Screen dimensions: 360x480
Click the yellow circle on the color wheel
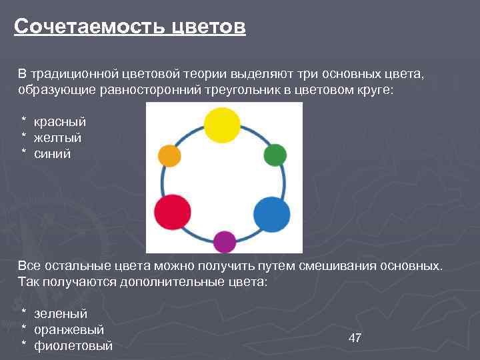pyautogui.click(x=221, y=125)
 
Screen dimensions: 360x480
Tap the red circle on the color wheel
pyautogui.click(x=173, y=212)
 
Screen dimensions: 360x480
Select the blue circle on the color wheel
pyautogui.click(x=272, y=215)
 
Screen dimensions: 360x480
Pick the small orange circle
pyautogui.click(x=169, y=156)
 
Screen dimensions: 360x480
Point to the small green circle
pyautogui.click(x=275, y=155)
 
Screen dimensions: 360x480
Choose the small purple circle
pyautogui.click(x=224, y=241)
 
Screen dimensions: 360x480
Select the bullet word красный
pyautogui.click(x=60, y=122)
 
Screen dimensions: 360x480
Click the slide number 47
pyautogui.click(x=355, y=338)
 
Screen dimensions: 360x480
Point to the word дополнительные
pyautogui.click(x=161, y=282)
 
